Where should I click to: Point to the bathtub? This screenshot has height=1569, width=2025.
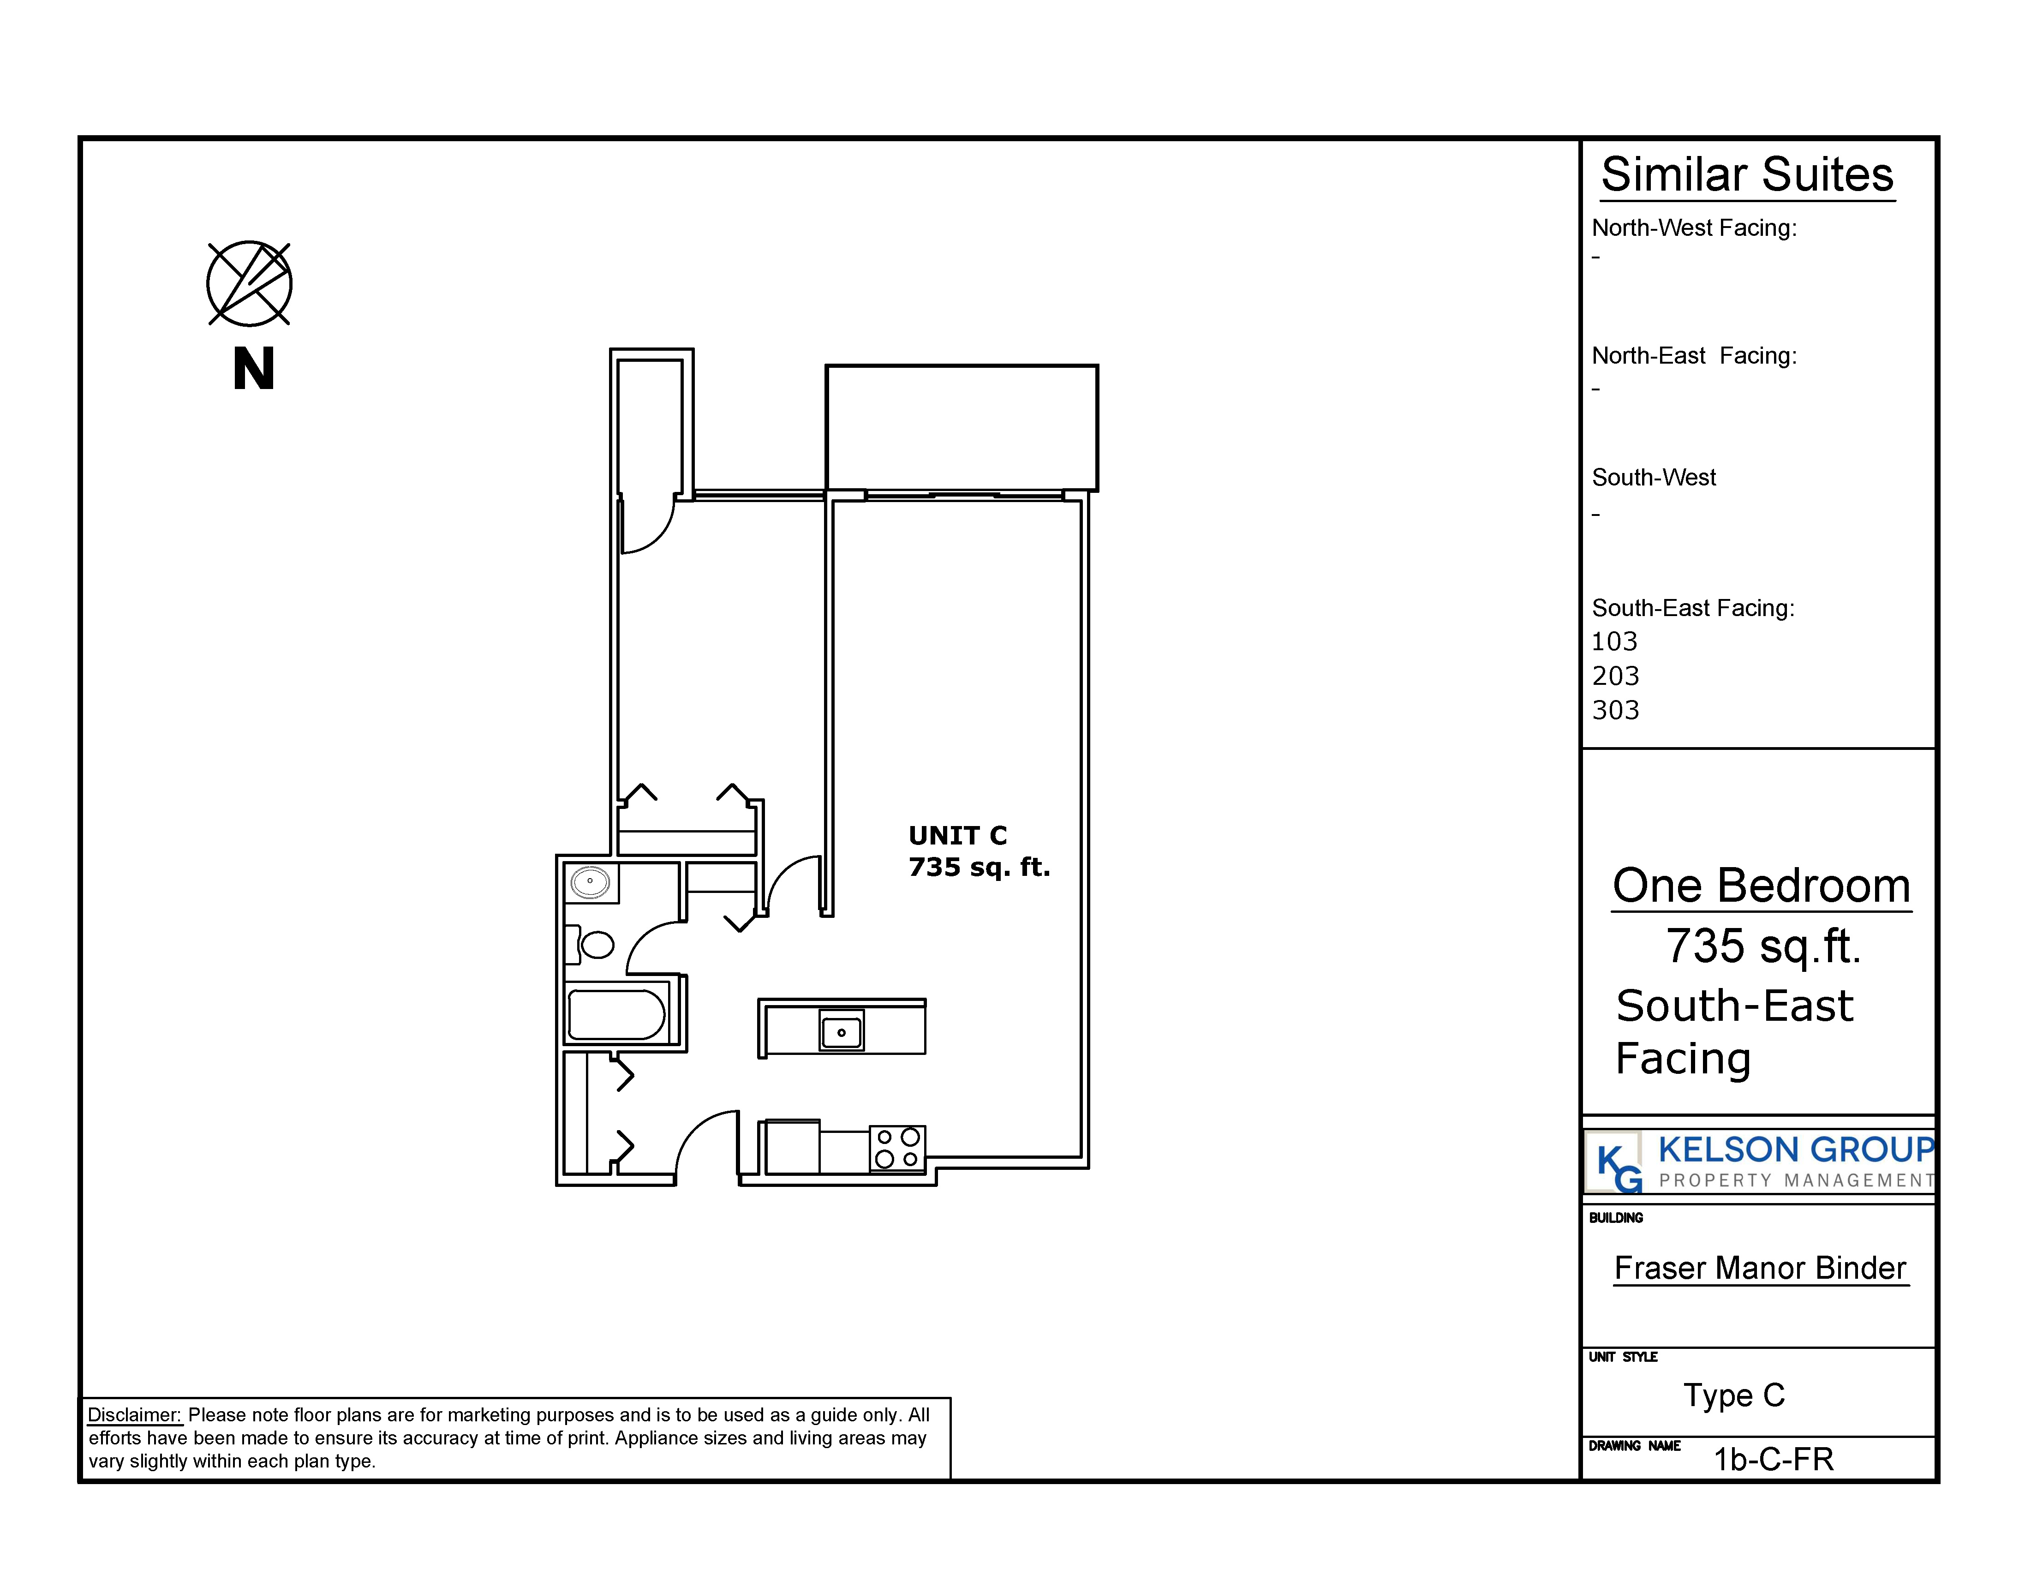coord(616,1013)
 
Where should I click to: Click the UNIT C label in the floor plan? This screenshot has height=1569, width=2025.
coord(958,836)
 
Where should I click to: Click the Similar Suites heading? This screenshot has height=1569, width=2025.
coord(1747,174)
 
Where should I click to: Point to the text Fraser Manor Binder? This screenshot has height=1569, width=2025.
coord(1760,1268)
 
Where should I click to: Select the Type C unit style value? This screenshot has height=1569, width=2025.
coord(1734,1395)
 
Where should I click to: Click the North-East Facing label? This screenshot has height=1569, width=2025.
coord(1694,356)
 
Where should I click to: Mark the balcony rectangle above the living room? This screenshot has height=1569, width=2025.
coord(962,427)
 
